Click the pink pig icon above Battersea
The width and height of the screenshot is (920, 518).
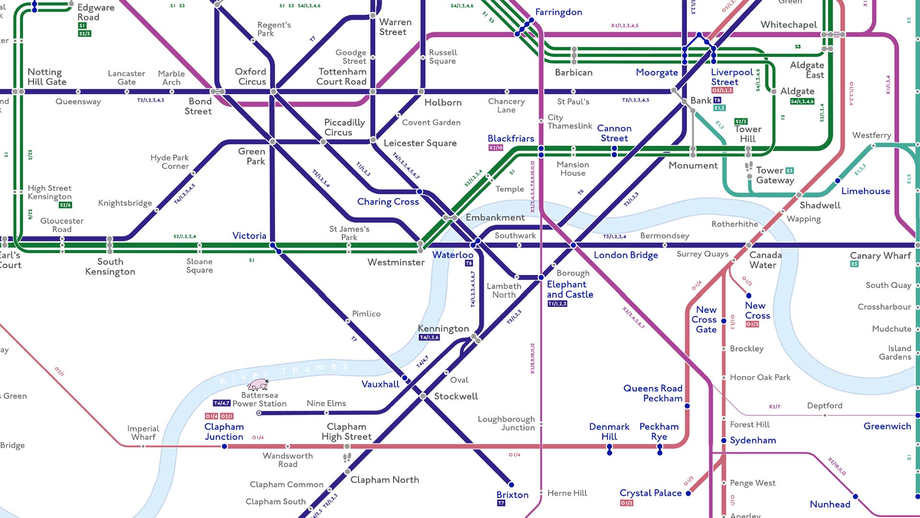tap(258, 384)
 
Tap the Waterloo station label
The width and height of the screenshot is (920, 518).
tap(452, 255)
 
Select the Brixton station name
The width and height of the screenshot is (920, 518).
tap(512, 494)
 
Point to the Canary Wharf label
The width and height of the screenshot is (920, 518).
tap(880, 256)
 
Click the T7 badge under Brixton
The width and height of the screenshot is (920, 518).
tap(501, 503)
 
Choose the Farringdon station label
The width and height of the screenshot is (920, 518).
tap(558, 12)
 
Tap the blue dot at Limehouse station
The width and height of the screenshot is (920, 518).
tap(837, 181)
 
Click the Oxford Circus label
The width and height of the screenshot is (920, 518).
tap(251, 76)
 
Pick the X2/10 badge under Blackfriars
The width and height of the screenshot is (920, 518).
tap(496, 148)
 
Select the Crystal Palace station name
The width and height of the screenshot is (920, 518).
tap(650, 493)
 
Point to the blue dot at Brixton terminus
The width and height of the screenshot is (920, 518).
tap(511, 484)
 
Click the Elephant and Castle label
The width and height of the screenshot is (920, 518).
tap(570, 289)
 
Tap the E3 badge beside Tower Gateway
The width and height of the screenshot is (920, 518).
tap(789, 170)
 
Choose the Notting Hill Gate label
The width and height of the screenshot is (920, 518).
tap(46, 77)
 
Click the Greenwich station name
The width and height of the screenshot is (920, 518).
tap(887, 426)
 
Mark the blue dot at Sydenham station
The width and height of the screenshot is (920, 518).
tap(724, 440)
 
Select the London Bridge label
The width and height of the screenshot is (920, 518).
tap(625, 255)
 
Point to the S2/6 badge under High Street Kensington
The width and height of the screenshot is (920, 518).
tap(65, 205)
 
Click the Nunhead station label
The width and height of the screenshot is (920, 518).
tap(830, 504)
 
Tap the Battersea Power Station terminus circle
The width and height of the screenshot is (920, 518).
tap(259, 413)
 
